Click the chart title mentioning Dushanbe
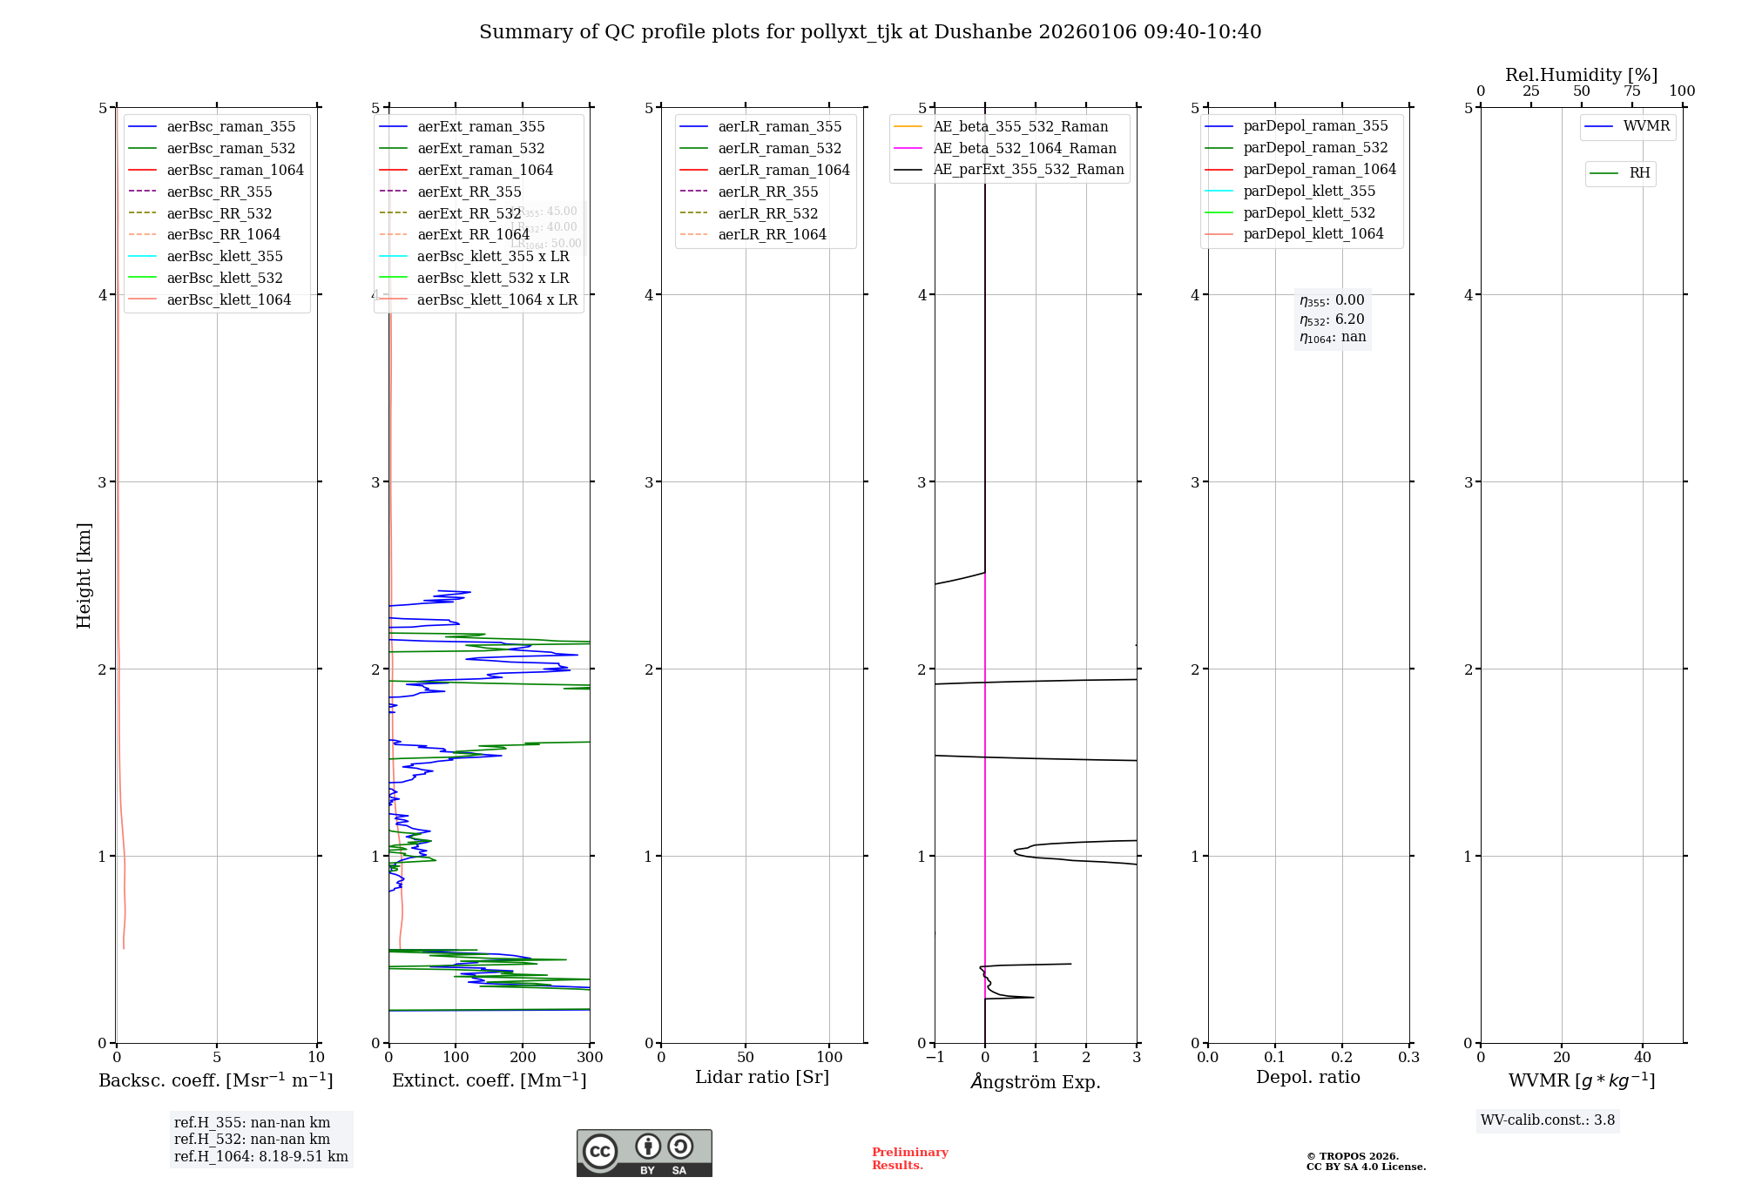870,32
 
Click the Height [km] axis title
84,575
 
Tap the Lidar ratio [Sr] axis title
762,1078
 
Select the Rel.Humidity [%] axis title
1581,75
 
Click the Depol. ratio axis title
1307,1078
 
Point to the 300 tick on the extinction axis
590,1058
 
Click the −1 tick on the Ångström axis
935,1058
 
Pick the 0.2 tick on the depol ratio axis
1342,1058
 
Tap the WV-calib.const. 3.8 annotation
1548,1120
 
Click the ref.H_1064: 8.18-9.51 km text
261,1157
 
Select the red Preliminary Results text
909,1159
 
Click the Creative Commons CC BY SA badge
644,1154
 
